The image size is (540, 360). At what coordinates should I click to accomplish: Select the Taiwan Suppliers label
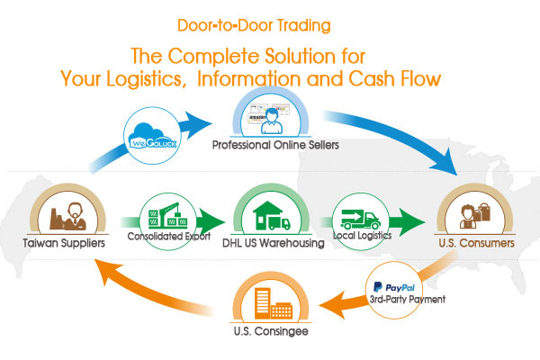pyautogui.click(x=62, y=242)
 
